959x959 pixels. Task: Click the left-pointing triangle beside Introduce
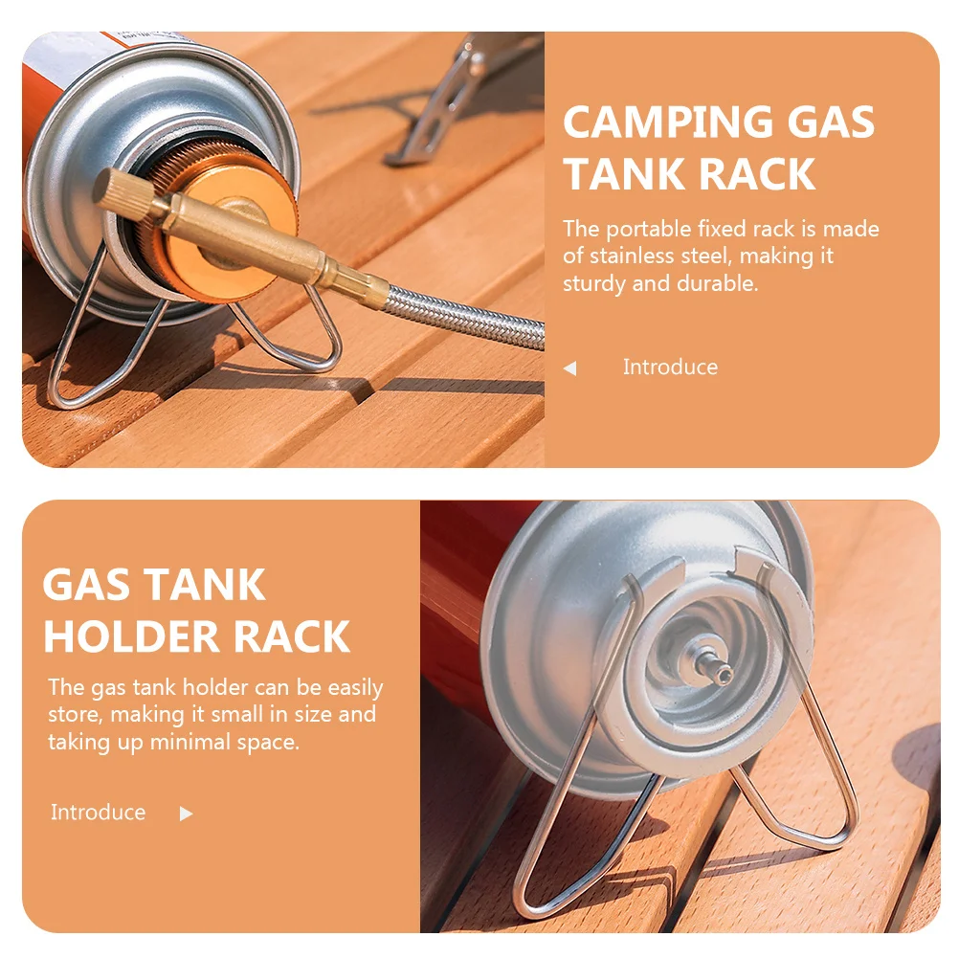tap(570, 368)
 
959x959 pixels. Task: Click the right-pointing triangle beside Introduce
tap(186, 814)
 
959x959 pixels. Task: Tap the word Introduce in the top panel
tap(670, 368)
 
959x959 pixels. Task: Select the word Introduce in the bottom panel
tap(99, 813)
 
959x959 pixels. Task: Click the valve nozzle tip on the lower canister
tap(724, 674)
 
